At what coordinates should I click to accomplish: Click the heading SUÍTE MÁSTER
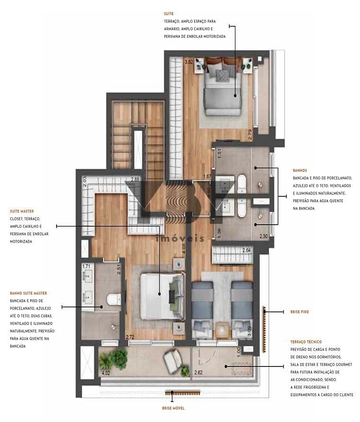22,211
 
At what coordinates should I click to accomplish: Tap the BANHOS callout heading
300,170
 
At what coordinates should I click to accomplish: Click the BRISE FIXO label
300,312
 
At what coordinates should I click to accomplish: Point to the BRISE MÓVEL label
173,408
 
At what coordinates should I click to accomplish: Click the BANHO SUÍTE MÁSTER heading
28,293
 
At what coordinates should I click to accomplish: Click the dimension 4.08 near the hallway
184,249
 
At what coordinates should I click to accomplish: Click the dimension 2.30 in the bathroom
263,236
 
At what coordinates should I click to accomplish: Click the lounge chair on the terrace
172,358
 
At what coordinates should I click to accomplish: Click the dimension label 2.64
246,250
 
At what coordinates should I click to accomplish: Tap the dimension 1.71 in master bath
86,266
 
